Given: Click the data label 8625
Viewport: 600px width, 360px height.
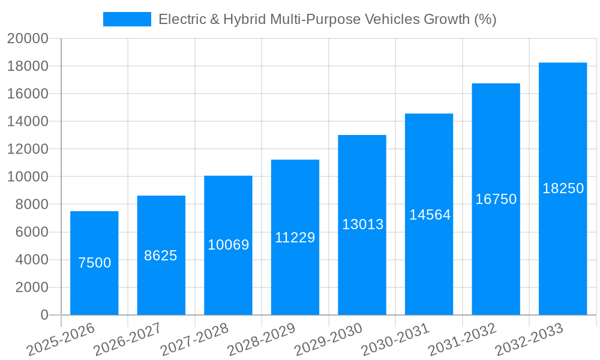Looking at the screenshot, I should click(161, 256).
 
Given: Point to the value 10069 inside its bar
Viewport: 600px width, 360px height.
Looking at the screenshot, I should click(228, 245).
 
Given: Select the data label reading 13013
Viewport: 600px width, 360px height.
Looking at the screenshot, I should click(362, 224).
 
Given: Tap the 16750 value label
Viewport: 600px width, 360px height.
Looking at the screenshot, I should click(496, 199).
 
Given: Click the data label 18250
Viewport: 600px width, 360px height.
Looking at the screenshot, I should click(563, 188).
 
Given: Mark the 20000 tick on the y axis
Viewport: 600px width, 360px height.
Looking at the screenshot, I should click(28, 39).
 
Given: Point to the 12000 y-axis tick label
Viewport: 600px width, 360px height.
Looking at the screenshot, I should click(28, 149).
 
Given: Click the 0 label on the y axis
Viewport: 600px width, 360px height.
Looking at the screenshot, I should click(44, 315).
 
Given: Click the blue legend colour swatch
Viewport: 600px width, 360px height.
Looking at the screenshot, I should click(127, 19).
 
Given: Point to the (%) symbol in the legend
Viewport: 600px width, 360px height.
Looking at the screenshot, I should click(485, 19).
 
